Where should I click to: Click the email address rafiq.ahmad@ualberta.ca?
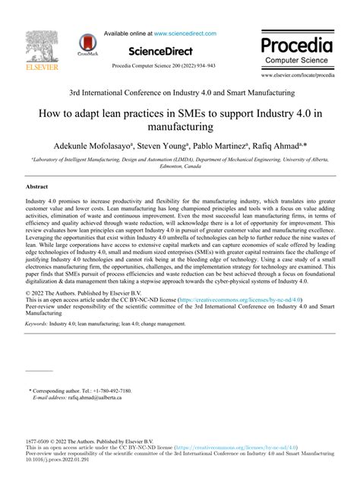click(89, 398)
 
